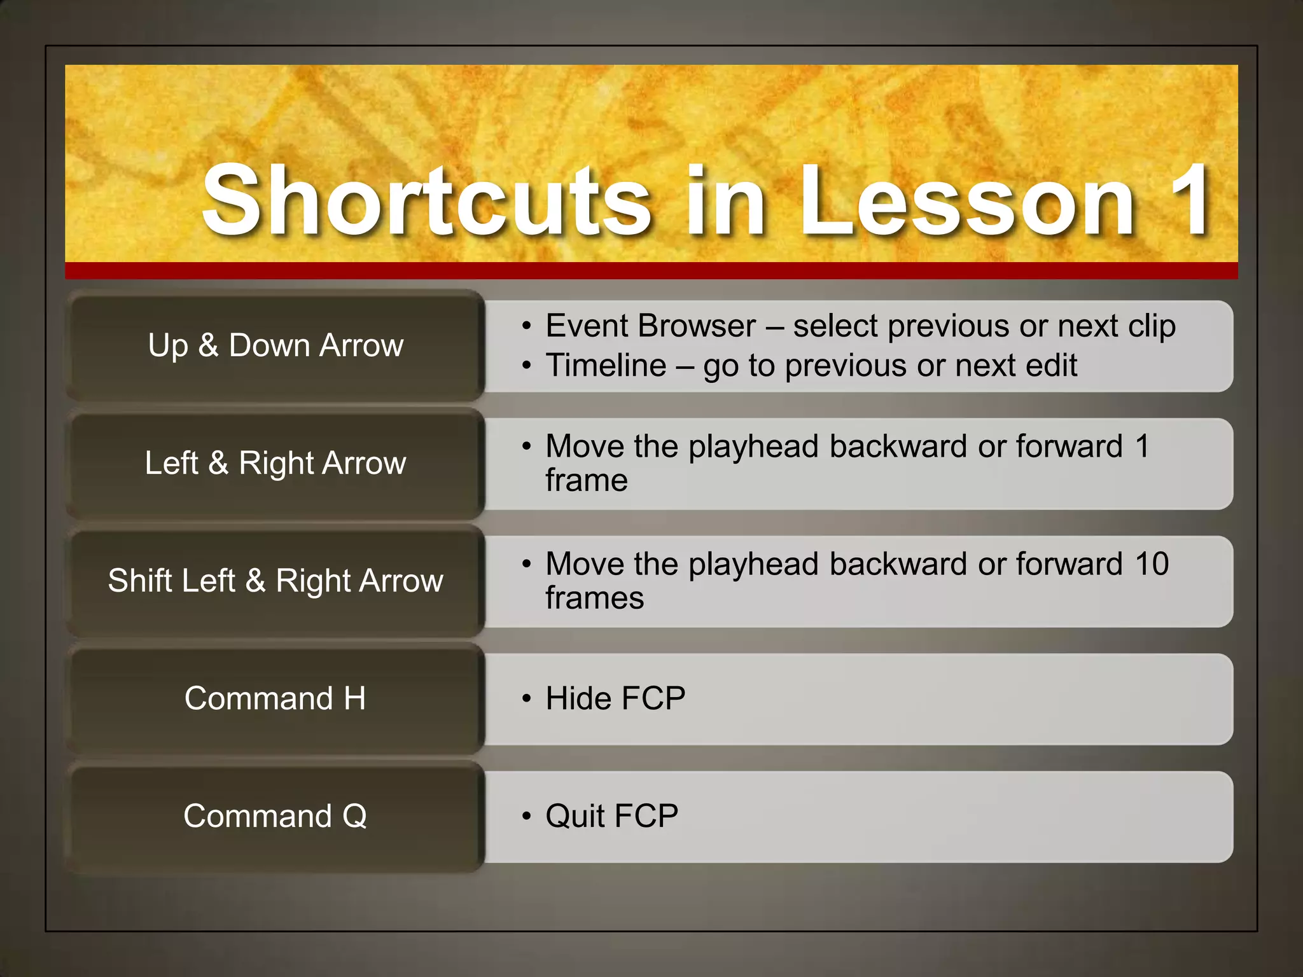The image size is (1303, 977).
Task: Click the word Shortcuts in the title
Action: pos(426,200)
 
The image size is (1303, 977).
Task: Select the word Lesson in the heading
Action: pos(966,200)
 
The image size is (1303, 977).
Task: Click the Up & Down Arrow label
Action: pos(275,345)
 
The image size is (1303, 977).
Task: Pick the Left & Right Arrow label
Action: pos(275,463)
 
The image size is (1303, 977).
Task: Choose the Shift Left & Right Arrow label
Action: pos(275,581)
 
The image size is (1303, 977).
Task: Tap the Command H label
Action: pos(275,698)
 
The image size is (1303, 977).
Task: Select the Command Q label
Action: pos(275,816)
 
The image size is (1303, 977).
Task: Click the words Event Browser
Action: pos(650,326)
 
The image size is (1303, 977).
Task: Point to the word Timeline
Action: pos(606,366)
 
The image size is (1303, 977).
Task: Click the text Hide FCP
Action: pos(615,698)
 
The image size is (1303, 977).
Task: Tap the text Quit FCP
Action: pos(611,816)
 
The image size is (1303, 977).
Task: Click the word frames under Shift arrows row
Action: pos(594,599)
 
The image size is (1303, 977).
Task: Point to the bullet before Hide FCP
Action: pos(526,698)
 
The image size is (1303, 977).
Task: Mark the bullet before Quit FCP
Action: pos(526,816)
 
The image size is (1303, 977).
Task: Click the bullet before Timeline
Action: pos(526,366)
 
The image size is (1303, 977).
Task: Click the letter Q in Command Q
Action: pos(354,816)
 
